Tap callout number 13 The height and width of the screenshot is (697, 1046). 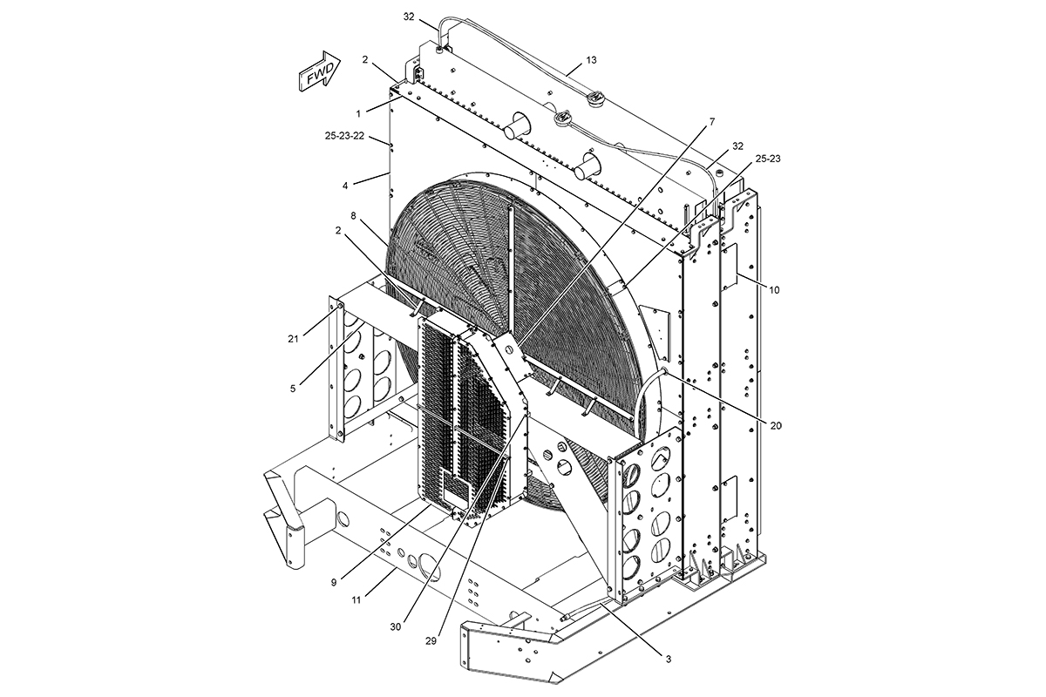591,60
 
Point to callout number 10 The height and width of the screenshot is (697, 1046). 774,289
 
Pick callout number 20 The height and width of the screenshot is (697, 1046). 776,425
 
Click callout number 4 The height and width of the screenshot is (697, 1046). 346,186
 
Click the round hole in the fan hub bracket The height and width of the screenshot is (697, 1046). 504,346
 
